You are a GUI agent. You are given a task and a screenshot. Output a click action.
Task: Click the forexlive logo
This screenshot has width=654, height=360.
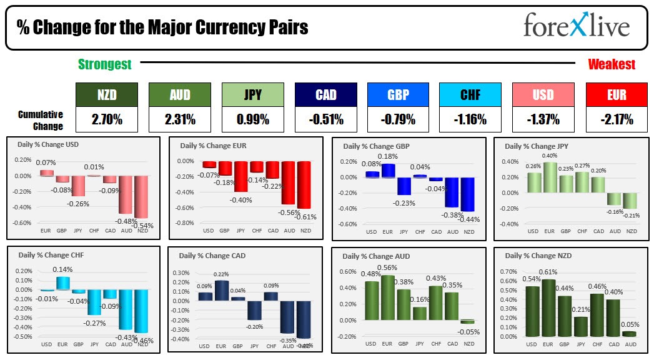coord(576,27)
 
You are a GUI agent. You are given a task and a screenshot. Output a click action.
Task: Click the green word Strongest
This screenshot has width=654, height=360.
coord(104,64)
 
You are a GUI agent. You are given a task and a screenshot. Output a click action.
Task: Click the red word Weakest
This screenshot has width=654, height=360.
coord(612,64)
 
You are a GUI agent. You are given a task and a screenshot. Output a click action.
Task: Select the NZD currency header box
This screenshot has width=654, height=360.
coord(106,94)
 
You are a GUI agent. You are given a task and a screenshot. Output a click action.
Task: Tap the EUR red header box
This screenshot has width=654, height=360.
coord(617,94)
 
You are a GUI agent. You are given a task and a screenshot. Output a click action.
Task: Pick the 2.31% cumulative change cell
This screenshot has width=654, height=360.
coord(179,119)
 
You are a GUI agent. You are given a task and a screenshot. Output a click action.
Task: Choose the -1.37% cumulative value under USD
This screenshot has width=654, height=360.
coord(542,119)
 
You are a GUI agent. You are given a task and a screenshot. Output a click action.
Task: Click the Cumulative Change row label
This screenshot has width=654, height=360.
coord(41,120)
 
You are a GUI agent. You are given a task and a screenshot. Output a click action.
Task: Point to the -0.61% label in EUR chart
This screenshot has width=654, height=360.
coord(305,217)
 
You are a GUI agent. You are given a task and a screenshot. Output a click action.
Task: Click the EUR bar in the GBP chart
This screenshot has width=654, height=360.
coord(389,171)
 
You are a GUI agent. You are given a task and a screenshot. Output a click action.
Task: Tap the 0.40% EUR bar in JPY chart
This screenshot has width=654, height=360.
coord(550,177)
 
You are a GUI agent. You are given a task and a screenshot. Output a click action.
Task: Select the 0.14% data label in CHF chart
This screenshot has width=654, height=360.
coord(62,270)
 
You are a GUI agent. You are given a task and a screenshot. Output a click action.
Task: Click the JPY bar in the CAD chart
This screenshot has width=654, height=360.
coord(254,311)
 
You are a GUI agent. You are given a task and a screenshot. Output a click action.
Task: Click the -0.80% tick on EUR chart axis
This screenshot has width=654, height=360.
coord(186,223)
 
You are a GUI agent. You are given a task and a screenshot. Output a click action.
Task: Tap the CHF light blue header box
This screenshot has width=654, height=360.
coord(470,94)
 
